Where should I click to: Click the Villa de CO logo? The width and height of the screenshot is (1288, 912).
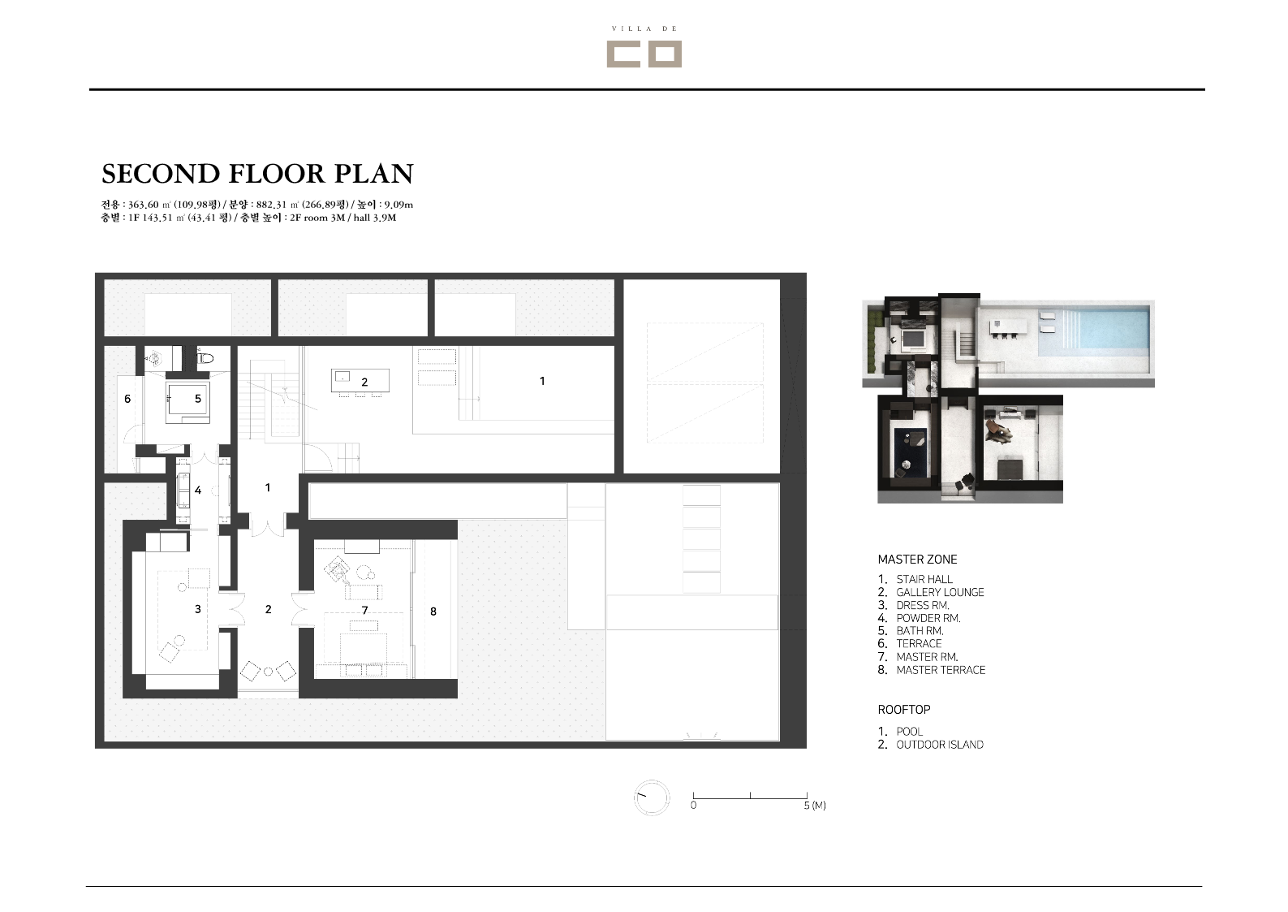pos(644,46)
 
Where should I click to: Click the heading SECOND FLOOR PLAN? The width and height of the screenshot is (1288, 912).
pos(257,174)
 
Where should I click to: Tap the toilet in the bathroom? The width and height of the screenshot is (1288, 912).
pos(205,358)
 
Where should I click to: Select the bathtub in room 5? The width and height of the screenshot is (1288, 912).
pos(188,402)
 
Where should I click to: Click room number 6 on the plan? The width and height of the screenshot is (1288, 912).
pos(127,399)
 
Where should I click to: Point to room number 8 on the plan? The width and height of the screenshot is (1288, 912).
pos(433,612)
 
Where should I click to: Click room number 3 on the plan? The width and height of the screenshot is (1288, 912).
pos(198,609)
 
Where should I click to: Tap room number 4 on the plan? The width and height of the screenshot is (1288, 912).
pos(198,491)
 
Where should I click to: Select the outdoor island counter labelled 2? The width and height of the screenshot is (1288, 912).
pos(360,380)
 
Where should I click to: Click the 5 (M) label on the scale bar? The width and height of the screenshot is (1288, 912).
pos(815,806)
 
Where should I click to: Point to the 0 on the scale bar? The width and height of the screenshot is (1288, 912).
pos(693,806)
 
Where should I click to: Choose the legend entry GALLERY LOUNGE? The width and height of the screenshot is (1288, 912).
pos(940,592)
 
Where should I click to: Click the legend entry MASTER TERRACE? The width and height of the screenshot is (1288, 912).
pos(941,670)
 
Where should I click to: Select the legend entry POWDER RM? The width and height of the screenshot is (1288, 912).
pos(928,618)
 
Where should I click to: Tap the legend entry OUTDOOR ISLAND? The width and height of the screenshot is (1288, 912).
pos(940,745)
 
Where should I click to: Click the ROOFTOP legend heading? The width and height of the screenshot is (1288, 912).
pos(904,710)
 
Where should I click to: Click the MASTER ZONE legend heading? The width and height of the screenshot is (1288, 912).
pos(917,560)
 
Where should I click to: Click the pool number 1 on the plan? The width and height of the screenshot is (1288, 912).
pos(542,381)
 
